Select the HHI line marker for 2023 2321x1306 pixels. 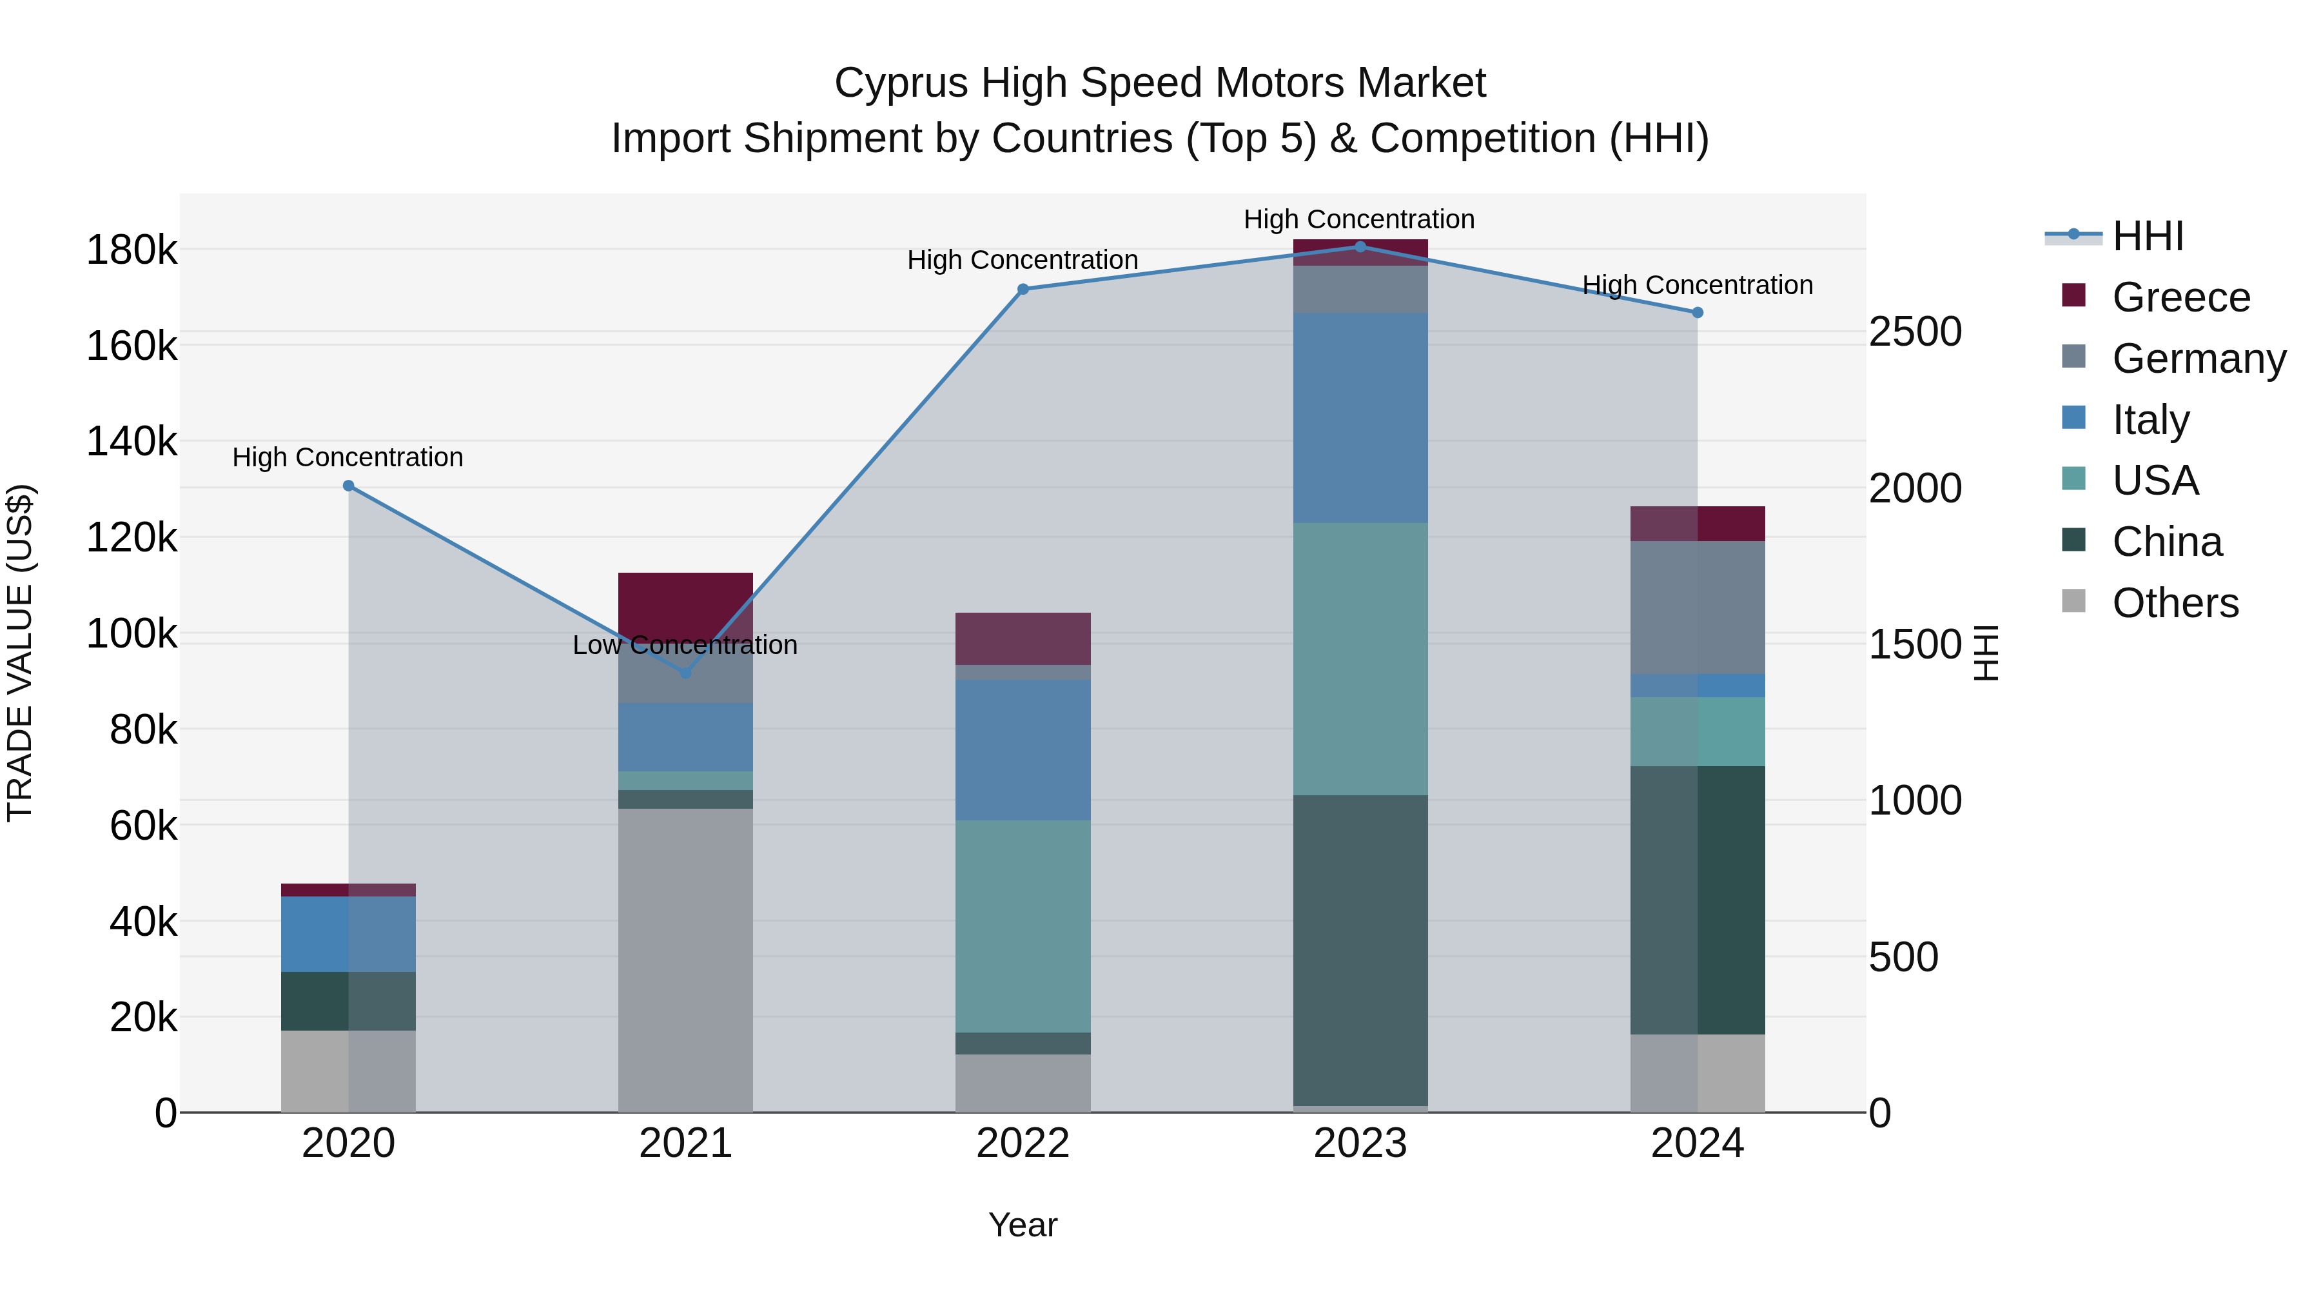(1360, 247)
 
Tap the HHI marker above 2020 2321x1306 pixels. (349, 486)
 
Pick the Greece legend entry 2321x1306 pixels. (2180, 297)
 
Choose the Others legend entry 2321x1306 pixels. (2175, 603)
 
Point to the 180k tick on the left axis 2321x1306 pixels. (132, 250)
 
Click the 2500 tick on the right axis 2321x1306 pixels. (1915, 331)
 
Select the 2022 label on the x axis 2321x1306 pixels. (1023, 1143)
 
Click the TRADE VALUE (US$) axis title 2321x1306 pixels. (20, 653)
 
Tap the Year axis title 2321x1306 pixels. (1023, 1225)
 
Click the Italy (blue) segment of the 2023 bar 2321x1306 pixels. (1360, 417)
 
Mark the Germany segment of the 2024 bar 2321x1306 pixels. (1698, 607)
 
